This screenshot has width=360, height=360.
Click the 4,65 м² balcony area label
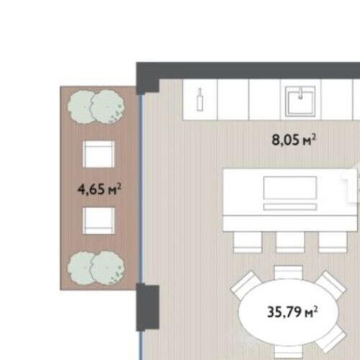tap(99, 190)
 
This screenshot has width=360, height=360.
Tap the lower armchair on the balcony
tap(98, 220)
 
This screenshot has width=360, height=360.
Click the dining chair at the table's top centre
tap(289, 272)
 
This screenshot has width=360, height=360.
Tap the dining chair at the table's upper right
tap(330, 286)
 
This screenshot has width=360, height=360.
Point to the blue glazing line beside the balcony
tap(140, 187)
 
